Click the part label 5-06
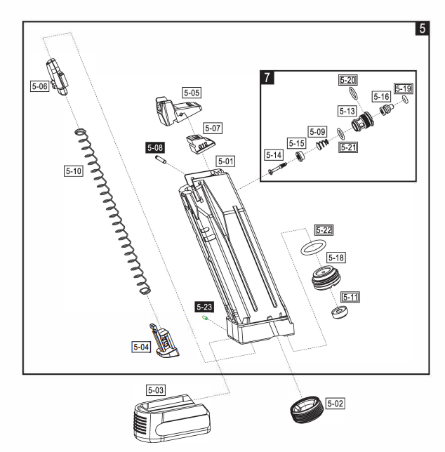(x=39, y=86)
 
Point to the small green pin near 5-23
(x=205, y=318)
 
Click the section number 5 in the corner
(x=421, y=29)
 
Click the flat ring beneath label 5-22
(x=312, y=248)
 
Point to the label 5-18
(x=354, y=258)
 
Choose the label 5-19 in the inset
(x=404, y=88)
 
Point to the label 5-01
(x=225, y=161)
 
